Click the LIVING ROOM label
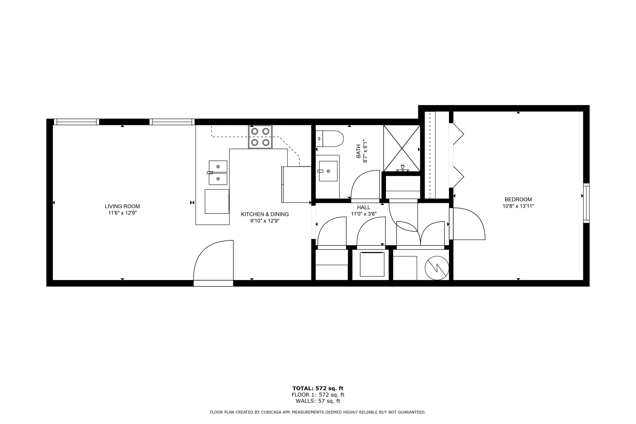(122, 206)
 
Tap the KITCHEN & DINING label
(265, 214)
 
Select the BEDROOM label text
(518, 199)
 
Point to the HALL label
(363, 207)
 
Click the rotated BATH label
(358, 151)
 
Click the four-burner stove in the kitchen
(260, 137)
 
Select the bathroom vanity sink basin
(328, 171)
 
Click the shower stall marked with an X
(402, 148)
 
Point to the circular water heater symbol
(437, 268)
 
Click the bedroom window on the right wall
(586, 203)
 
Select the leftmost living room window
(77, 122)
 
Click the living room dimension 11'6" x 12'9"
(122, 213)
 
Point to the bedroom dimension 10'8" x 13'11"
(518, 206)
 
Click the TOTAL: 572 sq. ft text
(318, 389)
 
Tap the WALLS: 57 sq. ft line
(318, 401)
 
